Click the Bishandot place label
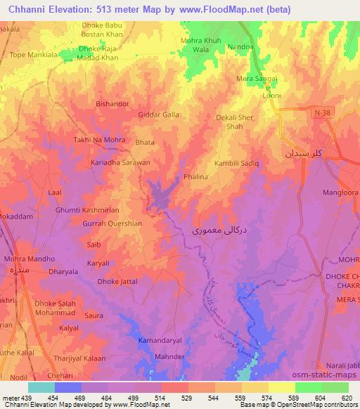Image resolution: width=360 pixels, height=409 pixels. (112, 103)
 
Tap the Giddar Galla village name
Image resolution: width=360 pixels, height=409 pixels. (159, 115)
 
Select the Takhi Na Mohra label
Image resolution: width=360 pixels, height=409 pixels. (100, 140)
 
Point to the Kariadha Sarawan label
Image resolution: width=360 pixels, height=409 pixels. (120, 162)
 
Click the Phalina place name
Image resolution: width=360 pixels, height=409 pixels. (195, 177)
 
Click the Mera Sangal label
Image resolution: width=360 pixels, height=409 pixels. (257, 78)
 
